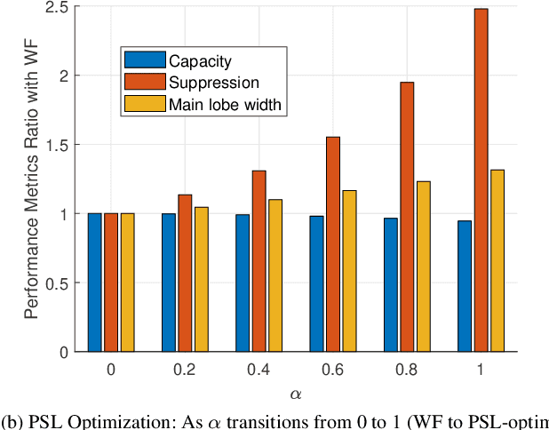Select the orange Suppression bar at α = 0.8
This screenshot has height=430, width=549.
click(x=407, y=217)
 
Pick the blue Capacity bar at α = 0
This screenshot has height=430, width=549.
click(x=94, y=283)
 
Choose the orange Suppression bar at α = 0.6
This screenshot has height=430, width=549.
click(x=332, y=244)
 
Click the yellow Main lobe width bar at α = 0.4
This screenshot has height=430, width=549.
click(x=275, y=275)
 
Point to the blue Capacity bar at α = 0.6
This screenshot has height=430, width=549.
click(x=316, y=283)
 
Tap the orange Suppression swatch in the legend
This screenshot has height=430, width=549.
click(x=146, y=83)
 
